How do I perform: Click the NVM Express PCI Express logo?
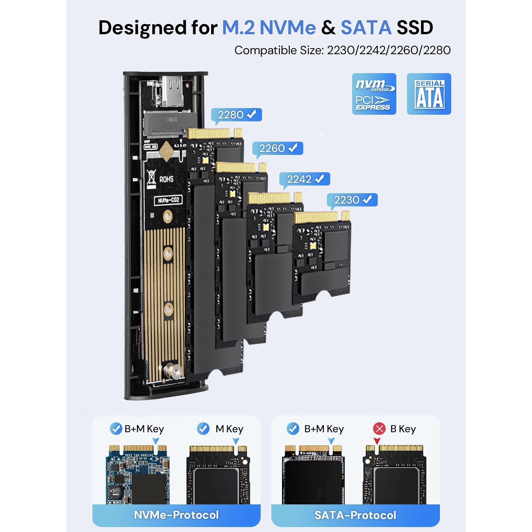pos(374,94)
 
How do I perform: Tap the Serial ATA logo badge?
pos(429,94)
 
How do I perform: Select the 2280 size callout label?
pos(236,115)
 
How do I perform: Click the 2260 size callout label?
pos(278,148)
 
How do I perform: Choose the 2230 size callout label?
pos(352,200)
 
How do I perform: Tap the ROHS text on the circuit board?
pos(166,180)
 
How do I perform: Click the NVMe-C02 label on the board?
pos(168,200)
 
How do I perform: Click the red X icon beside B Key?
pos(379,429)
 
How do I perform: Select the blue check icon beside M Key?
pos(203,429)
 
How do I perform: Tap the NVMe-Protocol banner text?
pos(176,515)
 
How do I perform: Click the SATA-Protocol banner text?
pos(355,515)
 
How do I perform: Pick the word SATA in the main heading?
pos(366,27)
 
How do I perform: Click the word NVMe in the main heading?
pos(288,27)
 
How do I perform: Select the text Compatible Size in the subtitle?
pos(279,50)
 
